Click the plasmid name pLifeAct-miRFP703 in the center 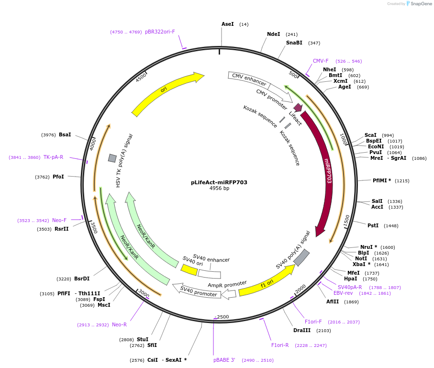(x=219, y=182)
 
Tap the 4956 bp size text (x=219, y=189)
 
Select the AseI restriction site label (x=227, y=24)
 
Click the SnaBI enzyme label (x=294, y=43)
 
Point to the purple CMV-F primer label (x=321, y=61)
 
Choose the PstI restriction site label (x=373, y=225)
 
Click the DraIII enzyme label (x=302, y=330)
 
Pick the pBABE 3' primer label (x=224, y=360)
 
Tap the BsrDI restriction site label (x=82, y=279)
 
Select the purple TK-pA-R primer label (x=53, y=157)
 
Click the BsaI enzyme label (x=65, y=134)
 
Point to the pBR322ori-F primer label (x=160, y=32)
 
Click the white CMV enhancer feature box (x=248, y=80)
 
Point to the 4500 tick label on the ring (x=141, y=78)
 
